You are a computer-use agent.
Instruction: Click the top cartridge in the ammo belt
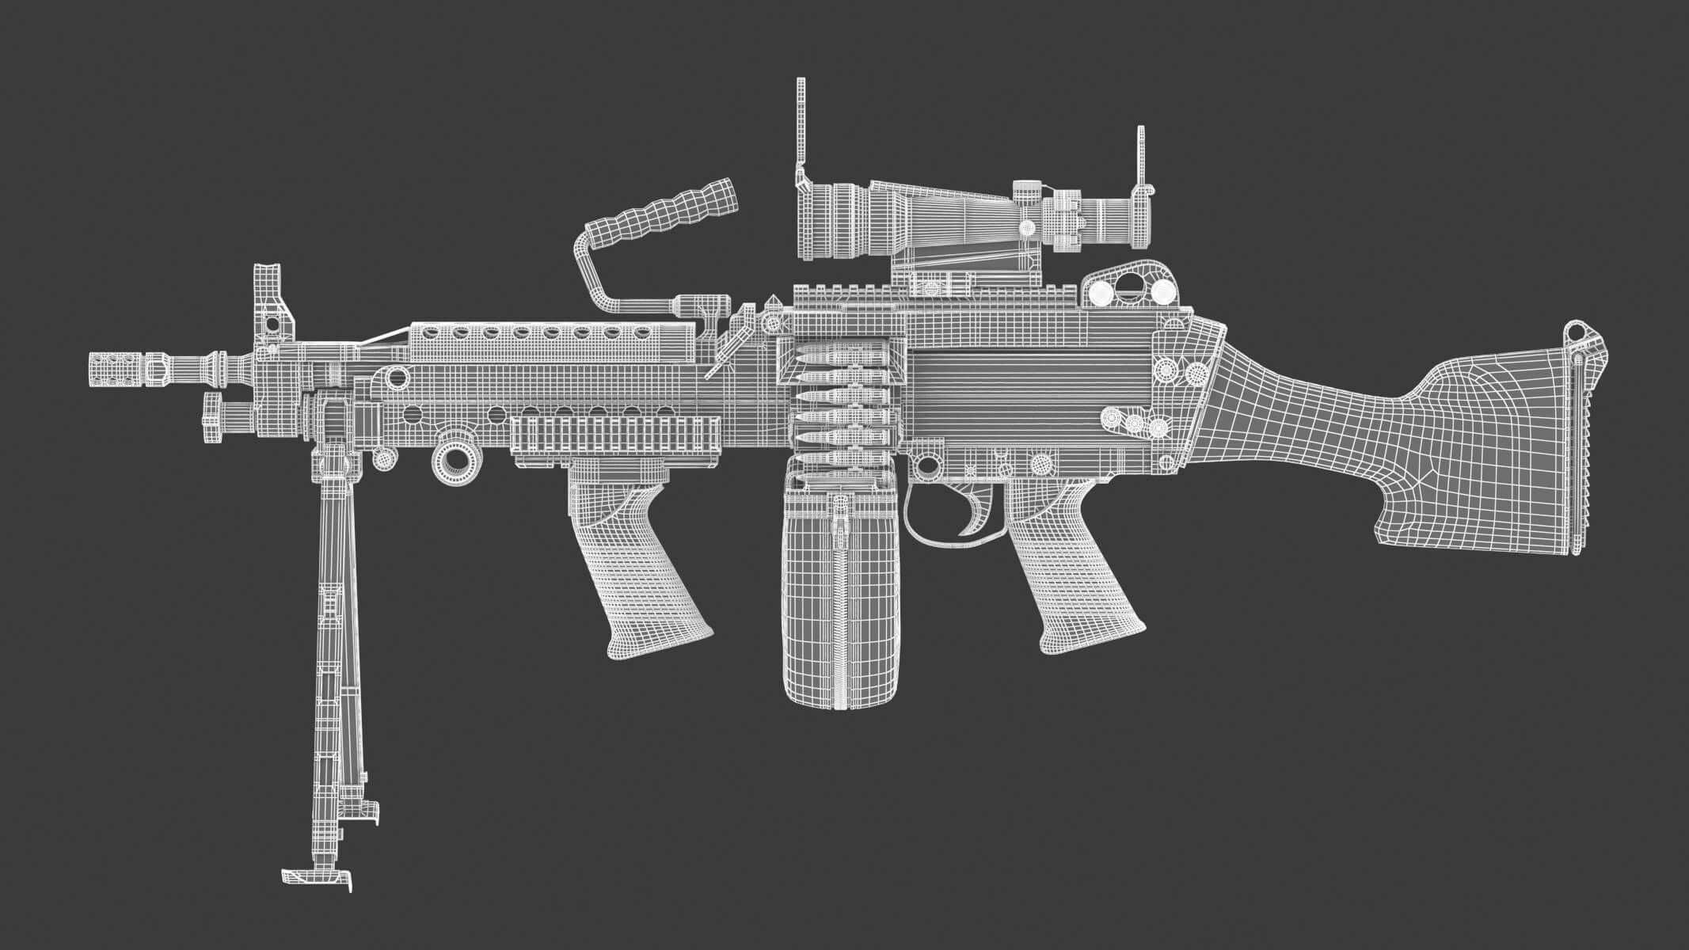(839, 359)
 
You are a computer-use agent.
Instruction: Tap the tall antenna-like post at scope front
(801, 127)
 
